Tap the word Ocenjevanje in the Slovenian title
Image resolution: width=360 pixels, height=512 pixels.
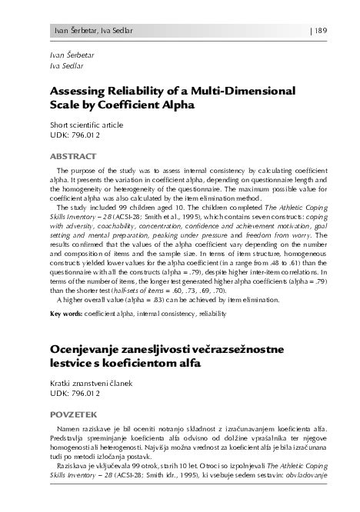(x=89, y=350)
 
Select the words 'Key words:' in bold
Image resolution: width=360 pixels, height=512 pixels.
(x=67, y=314)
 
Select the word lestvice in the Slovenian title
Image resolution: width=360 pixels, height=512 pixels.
(x=74, y=365)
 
